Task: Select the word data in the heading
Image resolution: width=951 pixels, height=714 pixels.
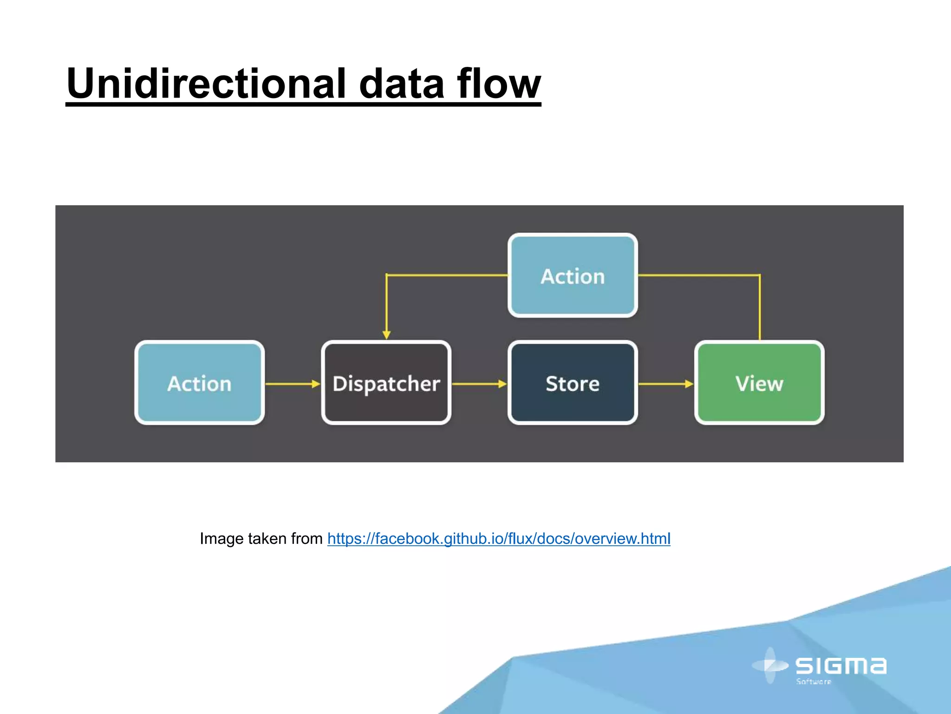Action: pos(402,84)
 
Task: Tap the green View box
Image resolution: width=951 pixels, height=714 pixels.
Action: pos(759,383)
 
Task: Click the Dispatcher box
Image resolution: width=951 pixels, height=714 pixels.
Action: pos(386,383)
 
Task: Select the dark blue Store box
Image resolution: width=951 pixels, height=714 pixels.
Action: pos(573,383)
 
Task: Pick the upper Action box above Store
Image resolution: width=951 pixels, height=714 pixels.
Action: pos(573,276)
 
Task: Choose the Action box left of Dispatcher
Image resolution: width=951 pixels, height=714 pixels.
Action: pos(199,383)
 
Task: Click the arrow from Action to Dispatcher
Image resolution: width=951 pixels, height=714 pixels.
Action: pos(293,384)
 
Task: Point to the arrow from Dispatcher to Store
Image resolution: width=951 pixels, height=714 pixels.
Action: pos(479,384)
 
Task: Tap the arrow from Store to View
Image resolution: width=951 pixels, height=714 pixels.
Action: pos(665,384)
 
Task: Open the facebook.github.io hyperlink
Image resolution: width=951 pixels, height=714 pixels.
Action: pos(499,539)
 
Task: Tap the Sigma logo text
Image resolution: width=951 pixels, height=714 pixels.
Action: pos(841,666)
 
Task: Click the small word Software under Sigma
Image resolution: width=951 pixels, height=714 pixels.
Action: pos(814,682)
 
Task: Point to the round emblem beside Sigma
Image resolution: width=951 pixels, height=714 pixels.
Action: pos(770,666)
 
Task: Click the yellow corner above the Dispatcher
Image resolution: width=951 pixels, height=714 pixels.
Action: pos(387,275)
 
